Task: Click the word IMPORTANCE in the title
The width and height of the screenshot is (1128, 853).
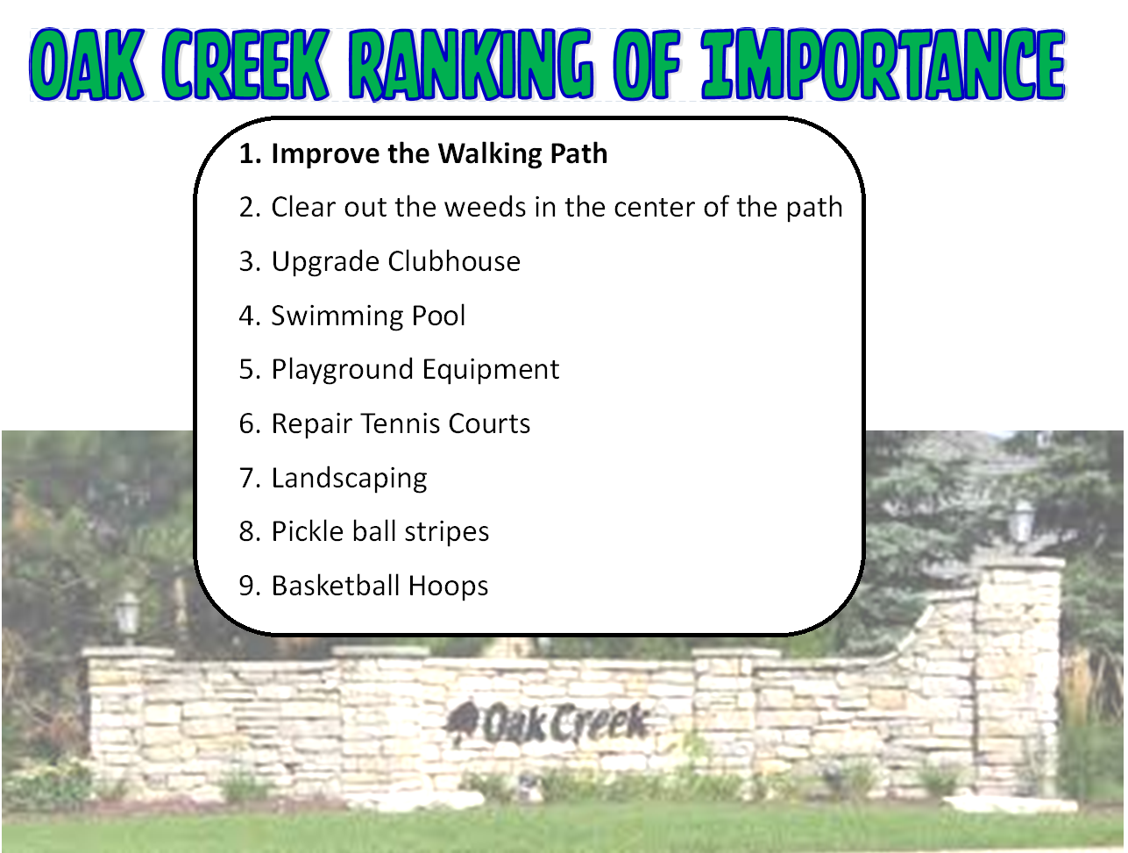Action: (883, 64)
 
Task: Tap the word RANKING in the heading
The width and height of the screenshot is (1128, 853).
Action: (472, 64)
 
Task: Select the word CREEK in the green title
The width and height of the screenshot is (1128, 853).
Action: (245, 64)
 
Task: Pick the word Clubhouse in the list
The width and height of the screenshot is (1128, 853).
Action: (454, 261)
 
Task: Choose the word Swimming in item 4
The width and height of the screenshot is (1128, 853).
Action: (337, 316)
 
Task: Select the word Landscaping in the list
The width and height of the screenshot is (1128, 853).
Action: (349, 479)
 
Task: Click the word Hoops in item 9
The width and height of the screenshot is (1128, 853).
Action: (448, 586)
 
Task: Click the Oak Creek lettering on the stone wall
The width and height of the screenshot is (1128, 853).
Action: (565, 723)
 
